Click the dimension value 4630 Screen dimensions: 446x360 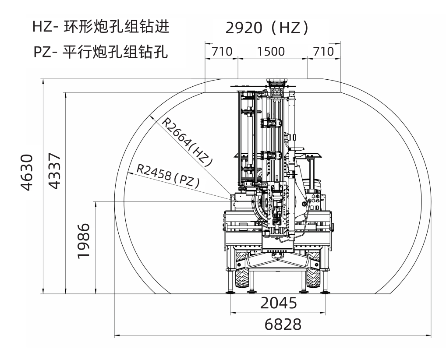[27, 172]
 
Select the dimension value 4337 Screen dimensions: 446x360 [54, 171]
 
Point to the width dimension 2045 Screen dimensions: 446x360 [279, 303]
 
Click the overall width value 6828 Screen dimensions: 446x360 [283, 324]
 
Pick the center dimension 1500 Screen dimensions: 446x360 [271, 52]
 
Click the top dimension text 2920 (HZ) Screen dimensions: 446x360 [267, 28]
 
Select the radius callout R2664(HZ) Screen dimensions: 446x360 [187, 141]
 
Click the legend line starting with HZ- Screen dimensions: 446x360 [101, 27]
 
